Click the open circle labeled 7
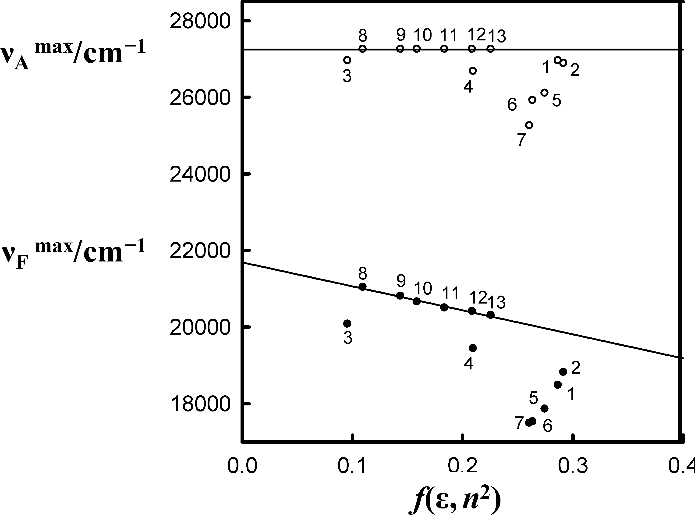point(529,125)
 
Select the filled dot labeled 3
point(347,324)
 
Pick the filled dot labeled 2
point(563,372)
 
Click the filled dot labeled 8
point(363,287)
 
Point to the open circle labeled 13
point(491,49)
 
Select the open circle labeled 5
point(544,93)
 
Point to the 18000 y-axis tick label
point(199,404)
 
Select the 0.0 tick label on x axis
point(242,466)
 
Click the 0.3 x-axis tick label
point(572,466)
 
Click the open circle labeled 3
point(347,60)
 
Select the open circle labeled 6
point(532,100)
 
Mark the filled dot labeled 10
point(416,301)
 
